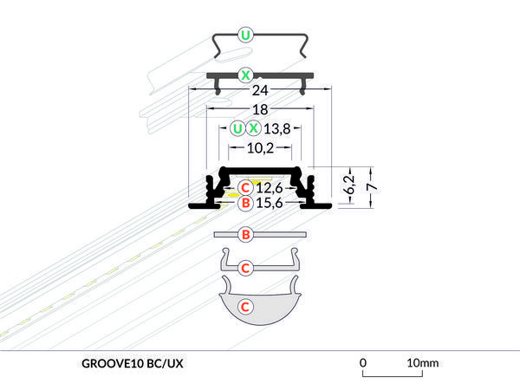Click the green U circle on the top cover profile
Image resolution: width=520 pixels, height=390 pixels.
pos(246,36)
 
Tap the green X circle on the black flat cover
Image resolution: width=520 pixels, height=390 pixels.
pos(246,75)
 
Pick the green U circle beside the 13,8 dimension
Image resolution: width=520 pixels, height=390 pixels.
pos(237,128)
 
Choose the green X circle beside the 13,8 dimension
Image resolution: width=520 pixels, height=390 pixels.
pos(253,128)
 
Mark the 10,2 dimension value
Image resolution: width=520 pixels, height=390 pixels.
pos(260,148)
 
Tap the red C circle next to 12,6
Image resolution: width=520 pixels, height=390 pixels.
pos(245,187)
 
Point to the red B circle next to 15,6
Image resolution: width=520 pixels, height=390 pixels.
pos(245,204)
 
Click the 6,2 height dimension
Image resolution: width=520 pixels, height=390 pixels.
pos(349,185)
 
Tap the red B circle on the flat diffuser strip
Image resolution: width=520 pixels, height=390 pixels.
pos(245,235)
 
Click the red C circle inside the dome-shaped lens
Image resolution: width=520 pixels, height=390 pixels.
pos(245,306)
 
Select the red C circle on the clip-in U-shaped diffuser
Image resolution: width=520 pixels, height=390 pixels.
pos(245,268)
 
